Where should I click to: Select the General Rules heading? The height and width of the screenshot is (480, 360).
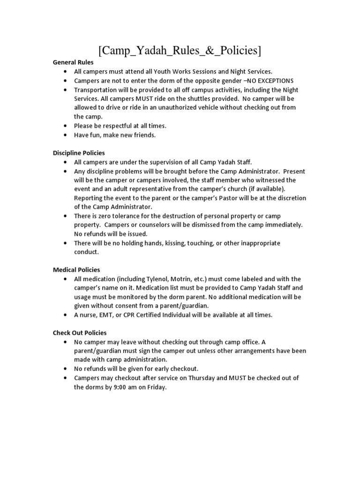[x=73, y=62]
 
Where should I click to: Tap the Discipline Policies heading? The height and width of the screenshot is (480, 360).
[x=79, y=153]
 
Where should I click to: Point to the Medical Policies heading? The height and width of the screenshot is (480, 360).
[x=76, y=270]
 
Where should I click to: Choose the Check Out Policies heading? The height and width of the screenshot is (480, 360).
[x=80, y=333]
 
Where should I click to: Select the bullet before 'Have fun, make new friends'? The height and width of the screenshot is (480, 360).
[x=64, y=135]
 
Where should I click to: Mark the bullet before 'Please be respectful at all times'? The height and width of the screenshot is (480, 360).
[x=64, y=126]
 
